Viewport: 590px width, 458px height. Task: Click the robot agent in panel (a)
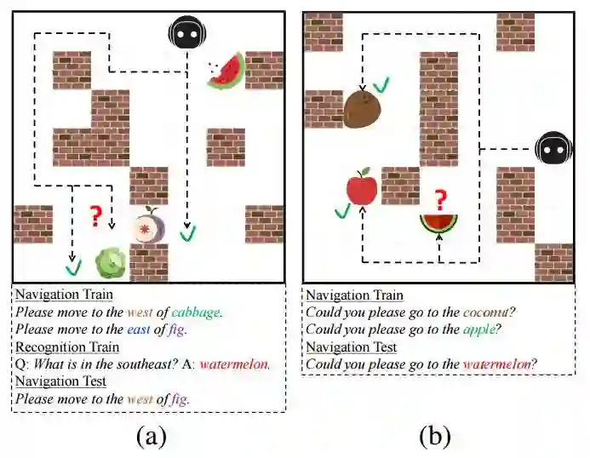click(186, 34)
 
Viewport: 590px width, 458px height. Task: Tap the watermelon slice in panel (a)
click(226, 72)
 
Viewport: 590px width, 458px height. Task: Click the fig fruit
click(148, 227)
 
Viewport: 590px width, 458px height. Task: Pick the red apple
click(362, 186)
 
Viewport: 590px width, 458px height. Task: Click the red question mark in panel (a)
click(96, 215)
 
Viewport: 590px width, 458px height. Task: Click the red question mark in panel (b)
click(439, 200)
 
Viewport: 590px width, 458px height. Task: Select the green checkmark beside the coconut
click(382, 84)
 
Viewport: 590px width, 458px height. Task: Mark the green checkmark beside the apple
click(343, 210)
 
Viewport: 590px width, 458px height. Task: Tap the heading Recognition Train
click(66, 346)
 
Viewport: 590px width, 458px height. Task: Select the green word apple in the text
click(481, 330)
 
